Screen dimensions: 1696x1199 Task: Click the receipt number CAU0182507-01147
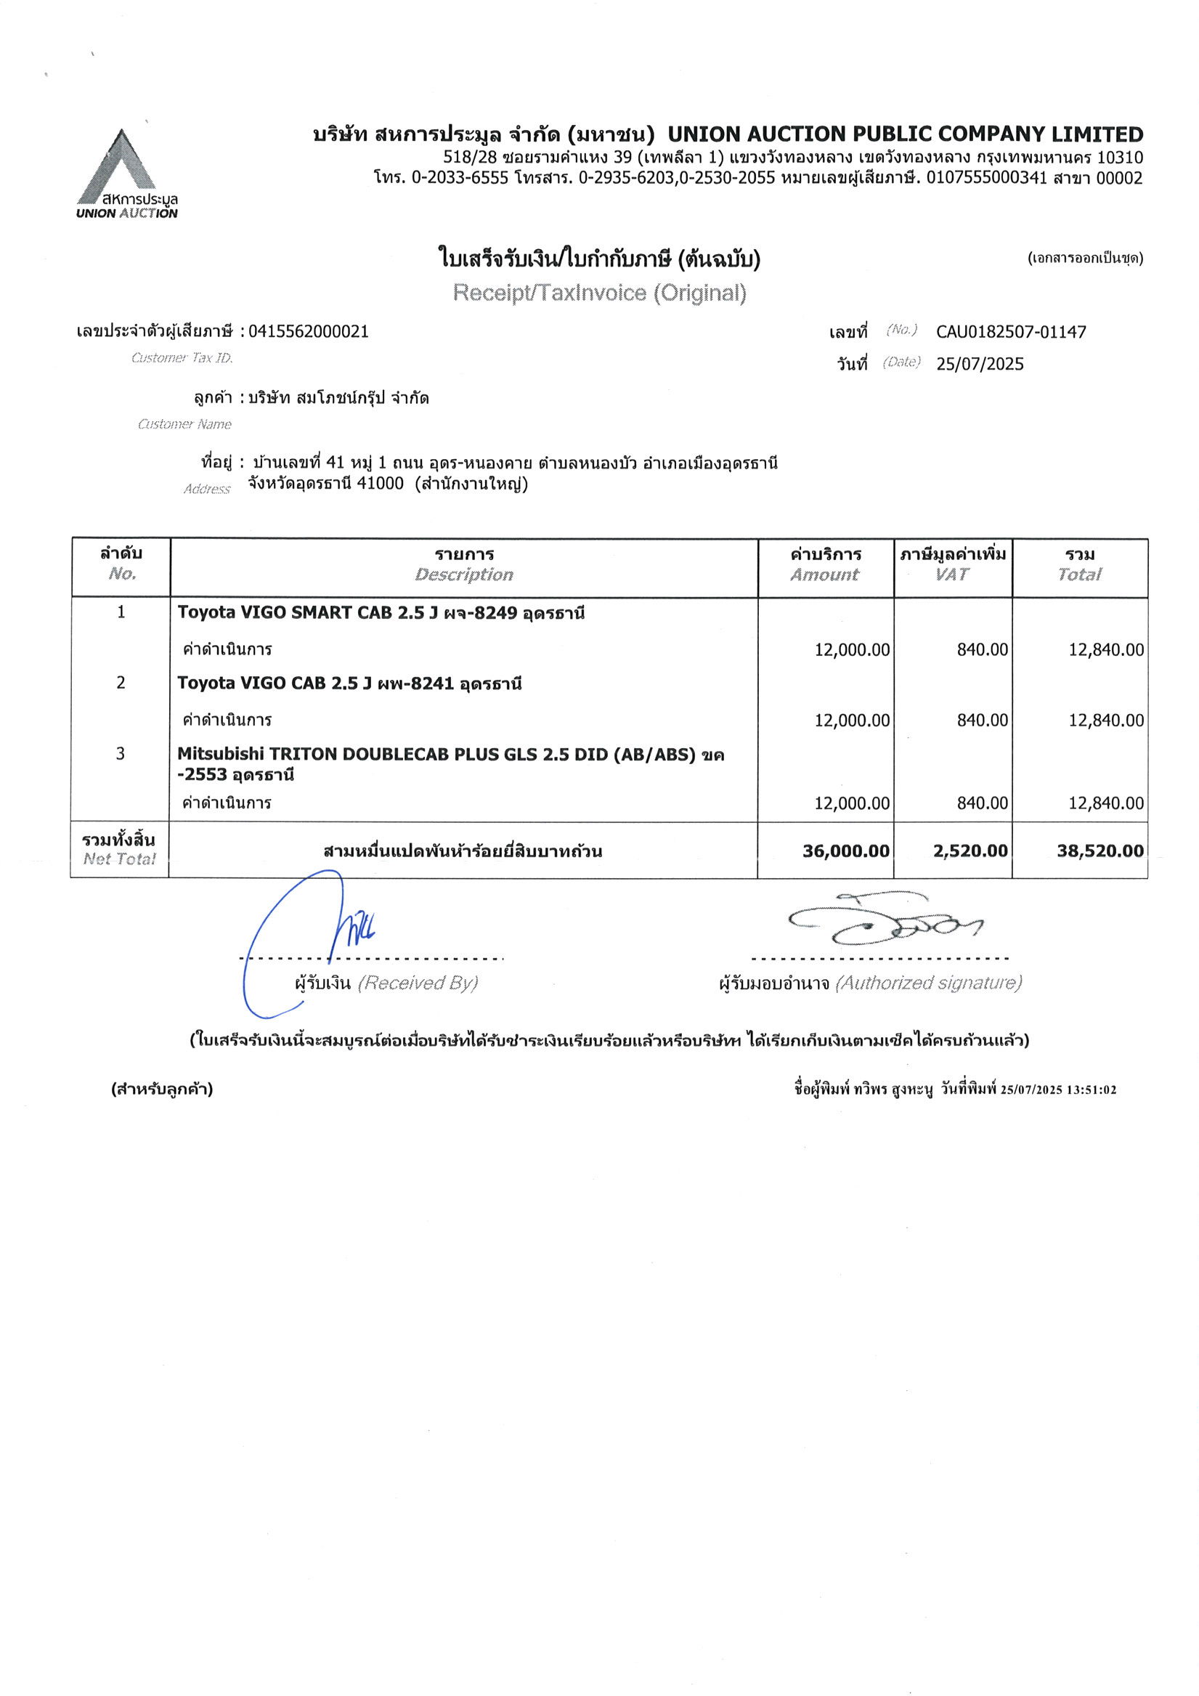1011,332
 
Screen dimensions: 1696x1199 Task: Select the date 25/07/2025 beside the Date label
980,363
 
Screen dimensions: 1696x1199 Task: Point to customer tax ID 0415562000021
308,331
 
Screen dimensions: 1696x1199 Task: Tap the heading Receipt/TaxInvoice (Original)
599,293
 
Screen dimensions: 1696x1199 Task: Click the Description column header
464,574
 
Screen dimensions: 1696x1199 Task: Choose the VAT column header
951,574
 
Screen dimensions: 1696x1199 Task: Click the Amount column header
824,574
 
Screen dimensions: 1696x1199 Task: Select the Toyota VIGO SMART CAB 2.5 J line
381,612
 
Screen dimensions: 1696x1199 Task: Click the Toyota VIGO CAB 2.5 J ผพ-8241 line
349,683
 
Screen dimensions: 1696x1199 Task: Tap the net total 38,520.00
1100,851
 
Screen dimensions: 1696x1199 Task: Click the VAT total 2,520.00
970,851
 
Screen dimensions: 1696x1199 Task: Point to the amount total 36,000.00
845,851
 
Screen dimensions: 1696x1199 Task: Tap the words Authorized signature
928,983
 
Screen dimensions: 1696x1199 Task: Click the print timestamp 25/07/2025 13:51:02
1058,1090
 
